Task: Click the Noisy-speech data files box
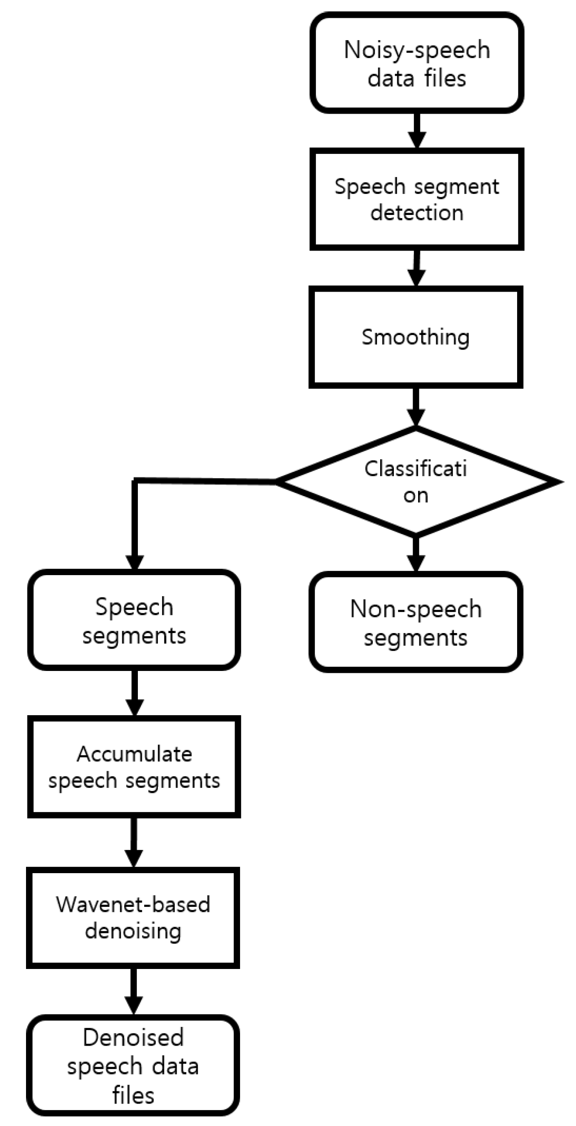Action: point(416,63)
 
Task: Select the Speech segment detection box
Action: point(416,199)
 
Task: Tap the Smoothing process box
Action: point(415,337)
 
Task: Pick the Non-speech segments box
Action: point(415,622)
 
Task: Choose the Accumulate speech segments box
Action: point(134,767)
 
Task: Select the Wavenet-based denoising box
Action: point(133,917)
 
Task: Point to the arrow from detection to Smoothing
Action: point(416,268)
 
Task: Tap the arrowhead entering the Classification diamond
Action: point(416,416)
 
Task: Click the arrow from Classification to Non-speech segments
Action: point(416,554)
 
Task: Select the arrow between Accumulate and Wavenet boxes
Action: point(134,843)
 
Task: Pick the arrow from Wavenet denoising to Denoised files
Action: point(133,991)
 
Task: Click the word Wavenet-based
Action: point(133,904)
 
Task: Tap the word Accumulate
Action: point(134,754)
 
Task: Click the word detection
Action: point(417,213)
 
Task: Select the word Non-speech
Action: point(416,609)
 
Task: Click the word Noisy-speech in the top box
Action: point(417,50)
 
